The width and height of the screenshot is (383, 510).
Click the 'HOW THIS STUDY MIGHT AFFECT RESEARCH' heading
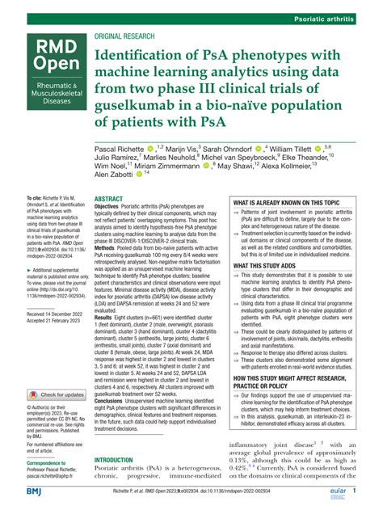288,377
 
